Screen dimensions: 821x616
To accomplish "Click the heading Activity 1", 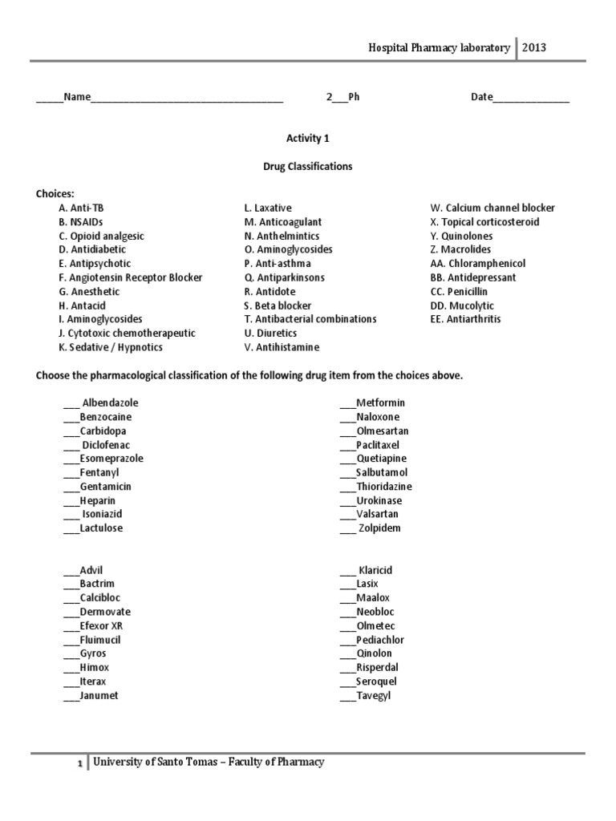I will coord(308,138).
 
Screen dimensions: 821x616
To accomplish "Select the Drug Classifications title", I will coord(308,167).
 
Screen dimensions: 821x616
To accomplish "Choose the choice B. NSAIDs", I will coord(80,222).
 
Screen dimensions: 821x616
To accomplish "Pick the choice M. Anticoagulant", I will coord(282,222).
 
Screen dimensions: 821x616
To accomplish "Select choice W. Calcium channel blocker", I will coord(492,208).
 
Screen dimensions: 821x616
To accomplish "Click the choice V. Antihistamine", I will coord(282,347).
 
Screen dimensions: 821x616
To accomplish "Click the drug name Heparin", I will coord(97,500).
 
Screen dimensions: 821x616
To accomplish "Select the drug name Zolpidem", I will coord(379,528).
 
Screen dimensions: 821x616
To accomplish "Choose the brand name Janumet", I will coord(99,695).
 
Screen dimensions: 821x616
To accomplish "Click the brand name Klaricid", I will coord(375,570).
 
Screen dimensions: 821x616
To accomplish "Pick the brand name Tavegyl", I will coord(374,695).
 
